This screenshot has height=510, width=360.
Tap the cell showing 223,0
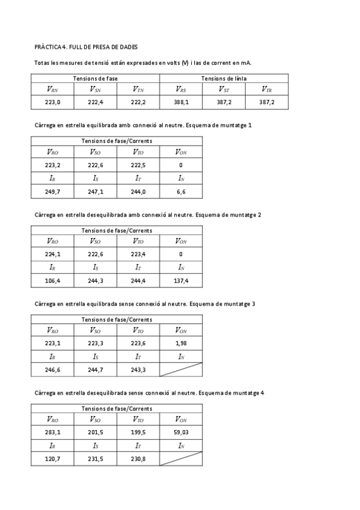click(x=53, y=102)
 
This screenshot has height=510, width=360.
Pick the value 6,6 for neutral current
click(x=182, y=191)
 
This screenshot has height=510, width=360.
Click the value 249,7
click(x=53, y=191)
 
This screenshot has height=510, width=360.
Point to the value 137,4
click(x=182, y=280)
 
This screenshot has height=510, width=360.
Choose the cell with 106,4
click(x=53, y=280)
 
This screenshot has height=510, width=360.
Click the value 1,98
click(x=182, y=343)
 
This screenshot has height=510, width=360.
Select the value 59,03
click(x=182, y=432)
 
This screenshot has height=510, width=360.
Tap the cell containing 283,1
click(x=53, y=432)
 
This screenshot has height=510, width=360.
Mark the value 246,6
click(x=53, y=369)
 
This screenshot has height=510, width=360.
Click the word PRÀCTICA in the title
click(x=48, y=46)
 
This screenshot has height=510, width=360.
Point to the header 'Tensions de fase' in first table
click(x=96, y=78)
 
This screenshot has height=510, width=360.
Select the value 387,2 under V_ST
click(x=224, y=102)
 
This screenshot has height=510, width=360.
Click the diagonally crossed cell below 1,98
click(x=182, y=369)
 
